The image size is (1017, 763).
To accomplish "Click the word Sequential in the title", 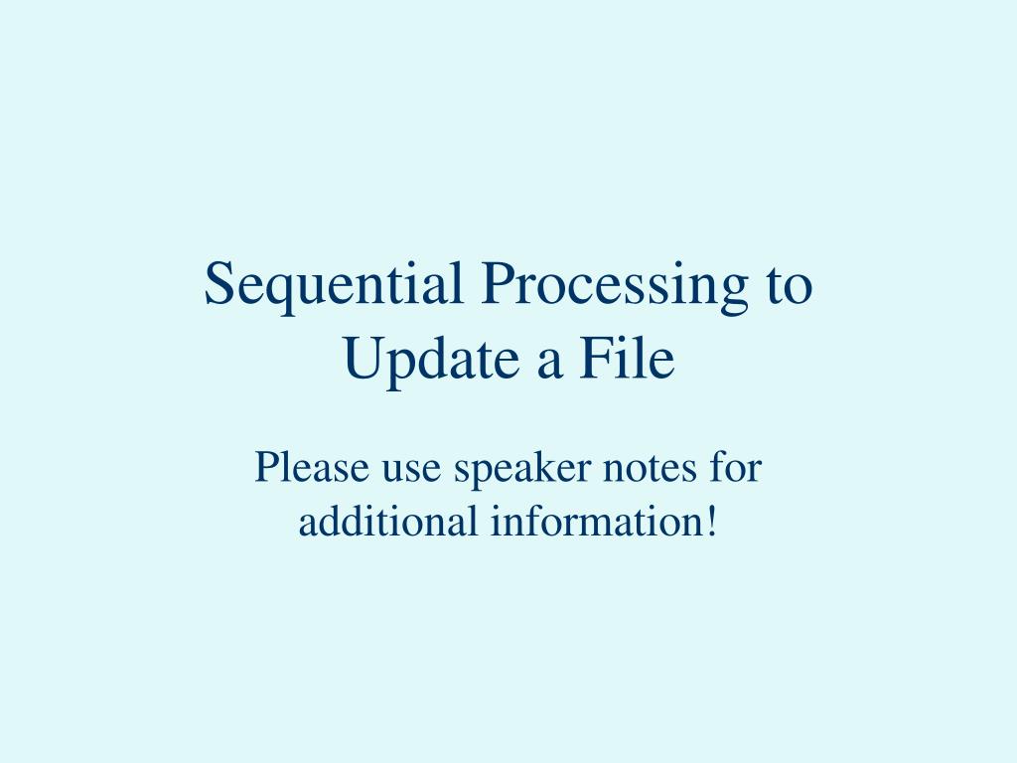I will pos(333,285).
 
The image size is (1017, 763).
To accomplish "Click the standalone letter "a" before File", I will pos(551,362).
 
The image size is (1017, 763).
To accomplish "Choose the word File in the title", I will pos(627,360).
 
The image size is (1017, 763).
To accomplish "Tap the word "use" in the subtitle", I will pos(401,469).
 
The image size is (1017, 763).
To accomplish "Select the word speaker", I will pos(512,469).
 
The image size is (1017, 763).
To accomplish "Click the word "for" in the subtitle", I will pos(734,467).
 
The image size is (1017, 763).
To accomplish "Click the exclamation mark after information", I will pos(710,521).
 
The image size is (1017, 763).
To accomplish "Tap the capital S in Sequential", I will pos(218,285).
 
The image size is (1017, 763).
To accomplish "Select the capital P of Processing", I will pos(497,285).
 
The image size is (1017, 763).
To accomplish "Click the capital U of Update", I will pos(363,360).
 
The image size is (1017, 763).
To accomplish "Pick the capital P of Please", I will pos(265,467).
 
